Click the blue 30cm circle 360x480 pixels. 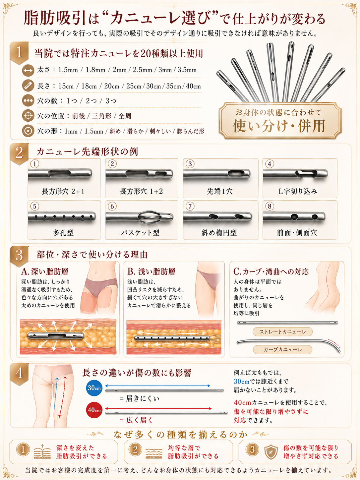pyautogui.click(x=94, y=388)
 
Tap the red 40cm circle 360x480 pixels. pyautogui.click(x=94, y=410)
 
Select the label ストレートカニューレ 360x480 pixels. pyautogui.click(x=283, y=332)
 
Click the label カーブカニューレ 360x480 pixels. pyautogui.click(x=283, y=350)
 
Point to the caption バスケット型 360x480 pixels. pyautogui.click(x=140, y=233)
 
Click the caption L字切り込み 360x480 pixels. pyautogui.click(x=298, y=191)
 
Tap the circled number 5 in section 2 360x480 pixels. pyautogui.click(x=34, y=206)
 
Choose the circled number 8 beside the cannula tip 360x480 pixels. pyautogui.click(x=270, y=206)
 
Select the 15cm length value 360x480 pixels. pyautogui.click(x=66, y=86)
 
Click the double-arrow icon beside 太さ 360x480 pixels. pyautogui.click(x=28, y=70)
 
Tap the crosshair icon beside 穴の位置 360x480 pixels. pyautogui.click(x=28, y=116)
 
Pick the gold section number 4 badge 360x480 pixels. pyautogui.click(x=19, y=374)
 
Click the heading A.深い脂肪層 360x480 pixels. pyautogui.click(x=45, y=271)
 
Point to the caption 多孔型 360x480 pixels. pyautogui.click(x=63, y=233)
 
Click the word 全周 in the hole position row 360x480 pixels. pyautogui.click(x=125, y=116)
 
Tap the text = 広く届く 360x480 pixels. pyautogui.click(x=136, y=420)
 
